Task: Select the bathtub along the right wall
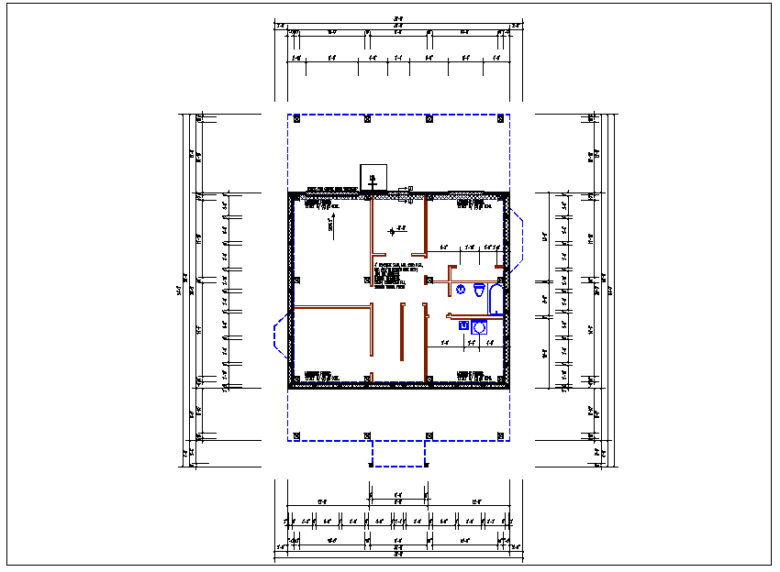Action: (x=496, y=299)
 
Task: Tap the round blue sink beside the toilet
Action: (x=462, y=289)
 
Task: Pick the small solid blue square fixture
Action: (x=463, y=325)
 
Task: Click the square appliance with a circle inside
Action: (x=479, y=326)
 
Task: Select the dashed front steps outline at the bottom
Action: (x=398, y=454)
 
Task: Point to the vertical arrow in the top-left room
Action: (x=330, y=225)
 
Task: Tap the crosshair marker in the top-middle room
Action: (x=393, y=231)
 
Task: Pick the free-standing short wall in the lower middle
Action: (x=402, y=332)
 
